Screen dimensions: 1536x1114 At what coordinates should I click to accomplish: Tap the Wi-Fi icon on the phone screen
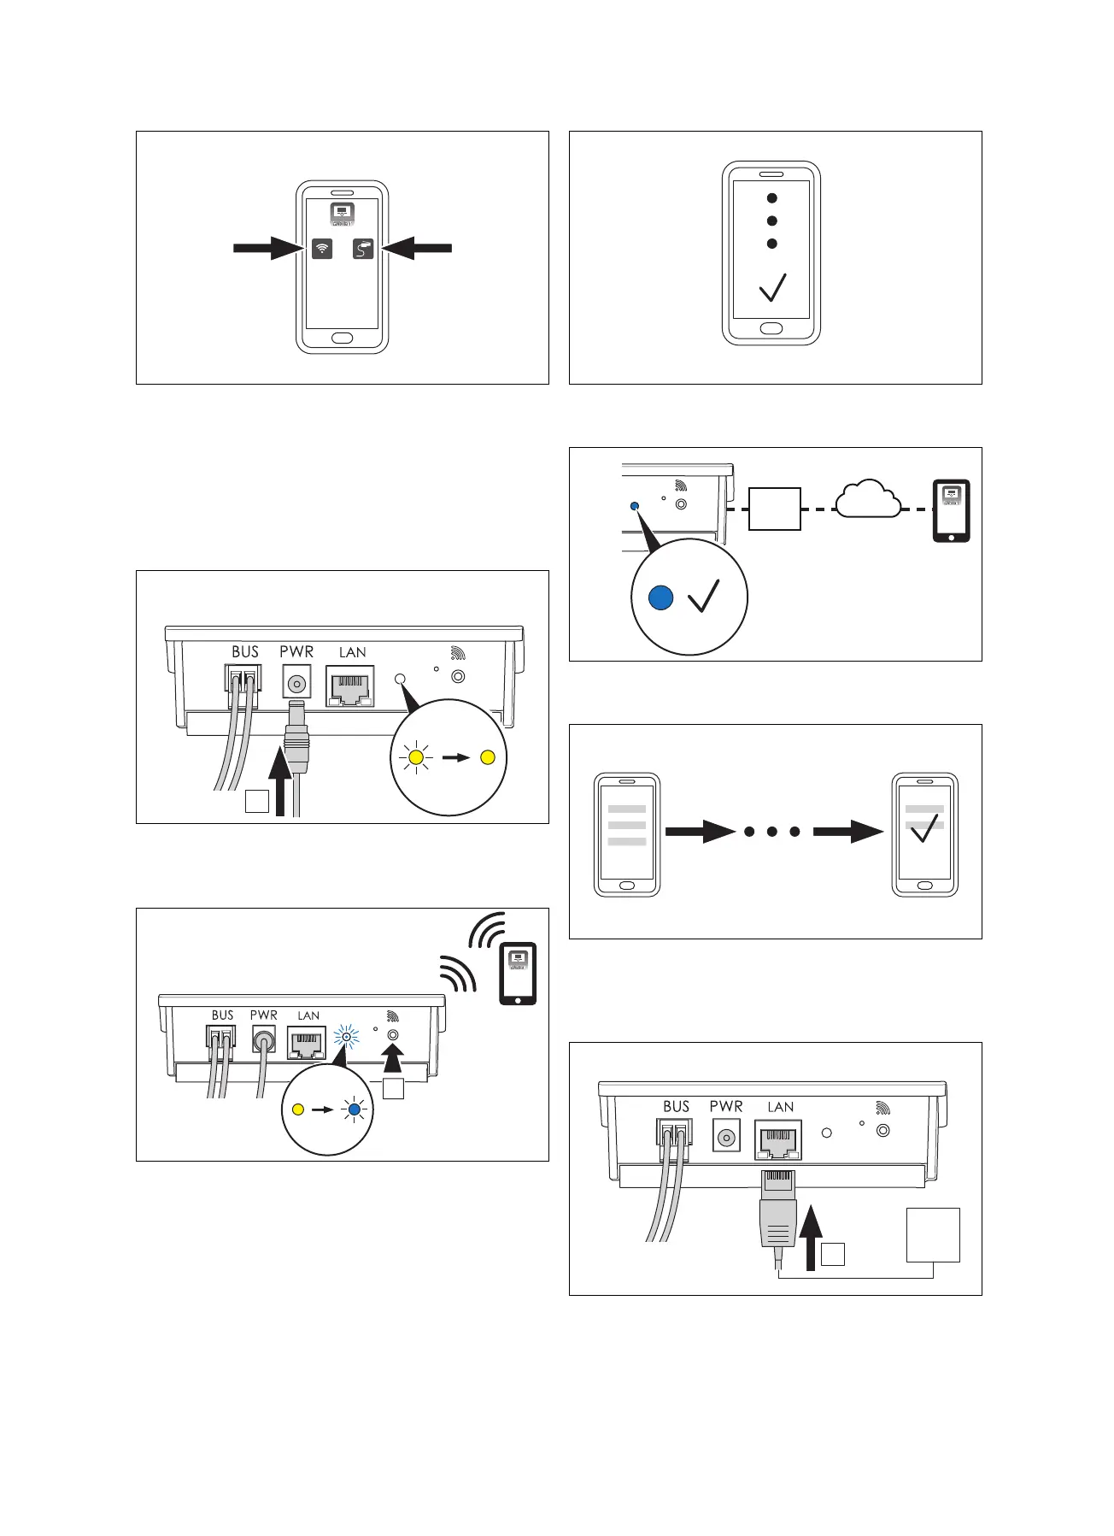322,249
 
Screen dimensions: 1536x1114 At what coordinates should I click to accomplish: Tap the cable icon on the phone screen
363,249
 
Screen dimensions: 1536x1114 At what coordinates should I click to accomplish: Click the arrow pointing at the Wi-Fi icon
268,249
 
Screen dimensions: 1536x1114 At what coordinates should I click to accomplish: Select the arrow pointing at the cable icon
417,249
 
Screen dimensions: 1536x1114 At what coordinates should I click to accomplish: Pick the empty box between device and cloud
775,509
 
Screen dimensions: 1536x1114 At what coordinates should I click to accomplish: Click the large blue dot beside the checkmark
661,598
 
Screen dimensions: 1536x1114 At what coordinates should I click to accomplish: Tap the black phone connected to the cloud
951,511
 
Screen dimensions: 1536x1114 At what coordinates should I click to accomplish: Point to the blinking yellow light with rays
416,757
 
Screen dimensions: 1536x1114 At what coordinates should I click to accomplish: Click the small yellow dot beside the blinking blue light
297,1110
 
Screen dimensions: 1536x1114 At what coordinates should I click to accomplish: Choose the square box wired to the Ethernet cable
933,1234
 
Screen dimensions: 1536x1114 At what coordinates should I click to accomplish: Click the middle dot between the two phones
772,832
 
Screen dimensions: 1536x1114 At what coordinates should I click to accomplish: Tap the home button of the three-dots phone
771,328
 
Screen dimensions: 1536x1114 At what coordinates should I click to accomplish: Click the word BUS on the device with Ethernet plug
676,1106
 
